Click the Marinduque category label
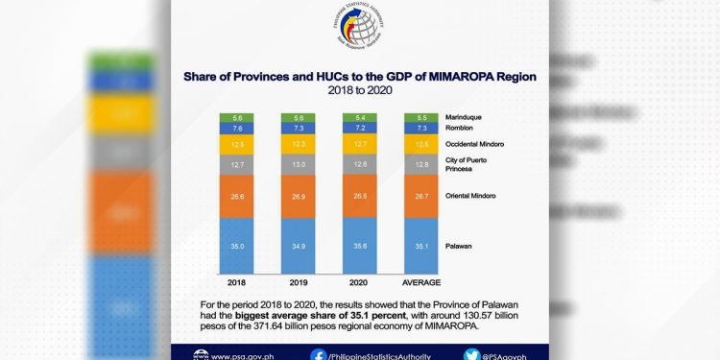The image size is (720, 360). coord(467,116)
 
